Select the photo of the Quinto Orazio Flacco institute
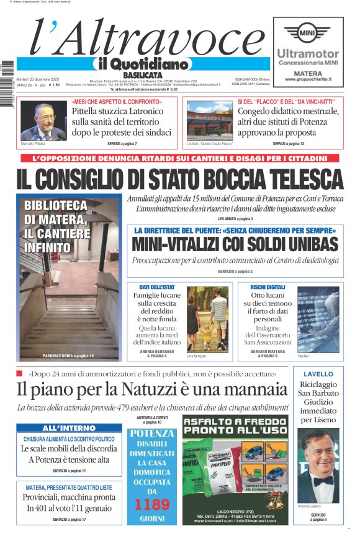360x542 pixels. point(209,120)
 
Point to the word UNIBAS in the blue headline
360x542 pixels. point(307,244)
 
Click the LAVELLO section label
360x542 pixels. point(318,374)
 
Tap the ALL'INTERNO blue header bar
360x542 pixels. point(69,428)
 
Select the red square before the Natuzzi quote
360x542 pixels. point(20,373)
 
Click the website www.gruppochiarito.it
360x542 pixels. point(308,79)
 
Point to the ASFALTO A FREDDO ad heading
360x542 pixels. point(234,425)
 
